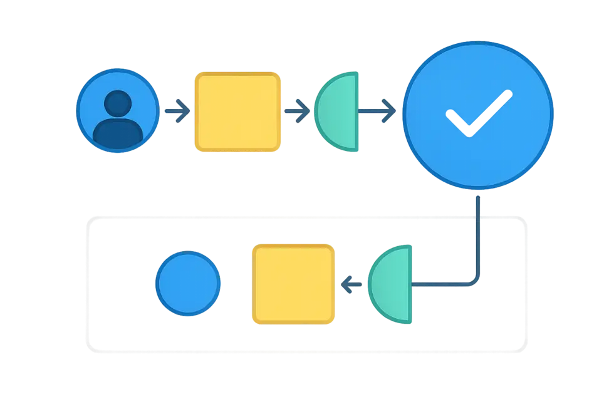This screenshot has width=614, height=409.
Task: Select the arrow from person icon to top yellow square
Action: coord(176,112)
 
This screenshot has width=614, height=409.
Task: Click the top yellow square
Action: coord(238,112)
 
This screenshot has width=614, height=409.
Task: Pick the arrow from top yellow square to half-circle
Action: coord(298,112)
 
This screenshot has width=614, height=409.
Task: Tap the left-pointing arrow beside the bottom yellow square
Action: coord(352,286)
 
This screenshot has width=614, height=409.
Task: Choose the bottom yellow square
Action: coord(292,284)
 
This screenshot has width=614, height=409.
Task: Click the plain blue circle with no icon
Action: coord(188,283)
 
